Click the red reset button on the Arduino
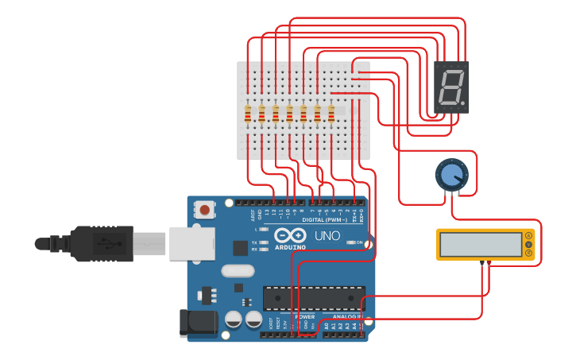click(205, 211)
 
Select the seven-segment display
click(451, 87)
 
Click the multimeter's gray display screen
click(479, 244)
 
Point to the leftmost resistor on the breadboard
click(248, 114)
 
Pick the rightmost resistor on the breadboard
click(331, 114)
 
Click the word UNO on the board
click(327, 236)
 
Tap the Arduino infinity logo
click(290, 235)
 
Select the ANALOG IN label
click(343, 316)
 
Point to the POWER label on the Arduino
click(305, 316)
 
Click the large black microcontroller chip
click(314, 298)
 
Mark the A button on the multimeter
click(529, 235)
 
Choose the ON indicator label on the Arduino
click(359, 242)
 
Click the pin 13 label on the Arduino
click(274, 212)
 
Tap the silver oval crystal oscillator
click(238, 270)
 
